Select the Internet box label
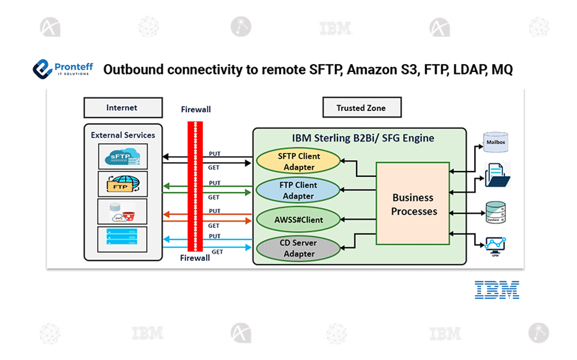click(122, 108)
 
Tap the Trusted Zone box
click(361, 108)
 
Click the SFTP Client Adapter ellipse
click(298, 161)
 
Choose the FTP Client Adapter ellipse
click(298, 190)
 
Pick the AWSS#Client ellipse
click(298, 219)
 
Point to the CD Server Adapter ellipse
click(298, 248)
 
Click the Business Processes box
click(414, 204)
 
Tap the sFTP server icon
click(122, 156)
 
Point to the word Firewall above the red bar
click(196, 110)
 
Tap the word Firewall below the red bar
click(195, 258)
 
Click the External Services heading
click(122, 135)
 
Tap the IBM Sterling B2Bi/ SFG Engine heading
click(363, 138)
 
